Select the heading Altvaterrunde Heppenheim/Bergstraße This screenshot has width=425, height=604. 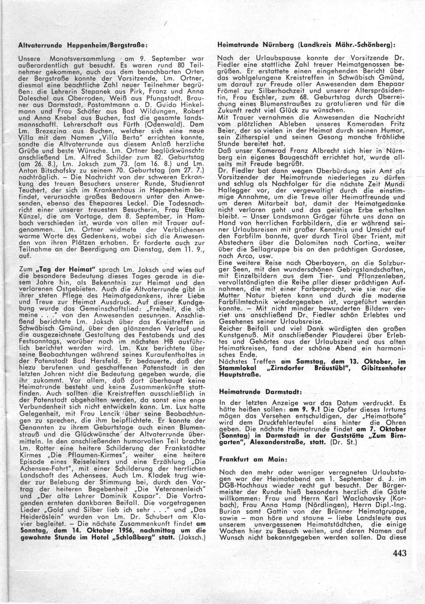click(x=83, y=45)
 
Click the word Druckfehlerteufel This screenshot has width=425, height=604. click(x=294, y=423)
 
